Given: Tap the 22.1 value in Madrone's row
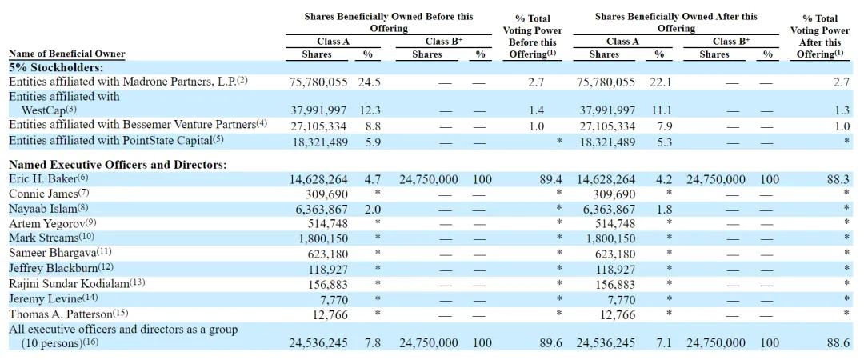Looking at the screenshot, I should (x=660, y=82).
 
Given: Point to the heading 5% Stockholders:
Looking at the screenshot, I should (x=56, y=68).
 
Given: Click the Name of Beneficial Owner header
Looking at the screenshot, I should (x=66, y=54).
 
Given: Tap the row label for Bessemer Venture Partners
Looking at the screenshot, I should (x=132, y=126).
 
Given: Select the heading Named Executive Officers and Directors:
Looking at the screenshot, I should (x=117, y=165).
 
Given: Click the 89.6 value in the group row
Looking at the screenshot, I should (x=550, y=342).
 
